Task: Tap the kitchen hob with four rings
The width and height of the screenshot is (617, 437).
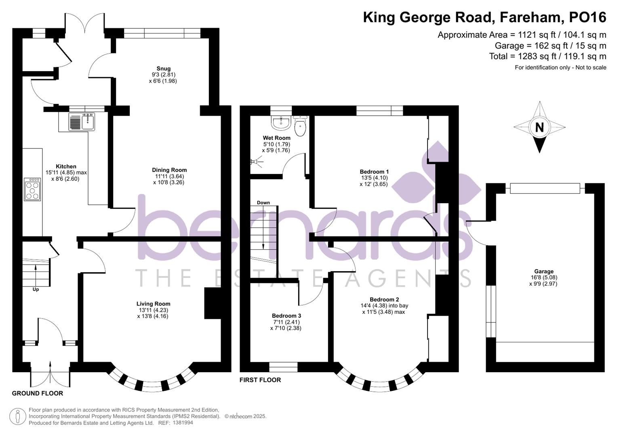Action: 32,189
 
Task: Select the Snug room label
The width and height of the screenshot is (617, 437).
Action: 164,68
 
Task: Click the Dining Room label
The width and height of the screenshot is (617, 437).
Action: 169,170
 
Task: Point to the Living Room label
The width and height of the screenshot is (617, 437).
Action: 153,304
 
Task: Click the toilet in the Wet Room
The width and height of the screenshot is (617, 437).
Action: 300,127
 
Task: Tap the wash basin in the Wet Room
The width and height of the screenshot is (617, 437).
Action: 280,123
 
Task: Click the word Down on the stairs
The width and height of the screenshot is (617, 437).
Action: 263,203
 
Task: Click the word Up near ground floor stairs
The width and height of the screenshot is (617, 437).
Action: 36,289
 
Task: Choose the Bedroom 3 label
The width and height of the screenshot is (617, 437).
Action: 286,316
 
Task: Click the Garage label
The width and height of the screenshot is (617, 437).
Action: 544,272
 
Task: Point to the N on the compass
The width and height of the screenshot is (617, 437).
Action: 539,127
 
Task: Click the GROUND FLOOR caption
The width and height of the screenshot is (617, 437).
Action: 37,393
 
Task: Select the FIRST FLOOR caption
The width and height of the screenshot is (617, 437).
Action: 260,380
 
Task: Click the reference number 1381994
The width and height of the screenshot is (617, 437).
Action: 183,423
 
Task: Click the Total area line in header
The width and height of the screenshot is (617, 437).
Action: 548,56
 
